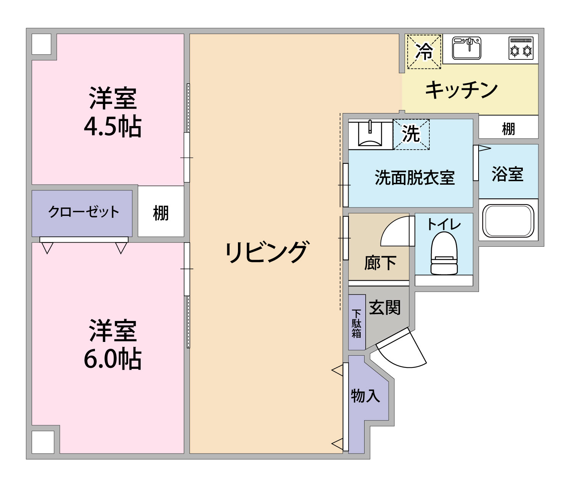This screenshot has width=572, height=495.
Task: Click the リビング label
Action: pos(266,252)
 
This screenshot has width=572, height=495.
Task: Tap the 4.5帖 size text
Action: pos(112,126)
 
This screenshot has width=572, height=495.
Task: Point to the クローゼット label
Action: pos(84,212)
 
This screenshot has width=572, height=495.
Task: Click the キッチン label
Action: pos(461,90)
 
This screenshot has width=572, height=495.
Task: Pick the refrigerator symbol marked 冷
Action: pos(424,52)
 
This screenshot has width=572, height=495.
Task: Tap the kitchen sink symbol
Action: pos(466,48)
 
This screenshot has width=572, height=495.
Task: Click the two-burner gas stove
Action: pos(521,48)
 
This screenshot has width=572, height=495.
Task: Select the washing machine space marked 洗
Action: pos(411,134)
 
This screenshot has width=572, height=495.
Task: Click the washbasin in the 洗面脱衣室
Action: pos(370,134)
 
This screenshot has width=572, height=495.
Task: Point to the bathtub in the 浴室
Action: pos(508,221)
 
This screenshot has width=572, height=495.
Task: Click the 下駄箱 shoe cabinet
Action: pos(357,323)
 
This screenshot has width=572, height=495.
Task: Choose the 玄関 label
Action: pos(385,307)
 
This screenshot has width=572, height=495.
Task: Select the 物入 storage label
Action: pos(365,396)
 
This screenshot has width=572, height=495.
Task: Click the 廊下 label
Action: pos(380,263)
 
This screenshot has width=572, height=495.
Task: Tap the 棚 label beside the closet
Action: pos(161,213)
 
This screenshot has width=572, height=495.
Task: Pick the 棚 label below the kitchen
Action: pos(508,129)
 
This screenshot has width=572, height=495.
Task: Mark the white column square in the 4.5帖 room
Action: pos(41,44)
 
